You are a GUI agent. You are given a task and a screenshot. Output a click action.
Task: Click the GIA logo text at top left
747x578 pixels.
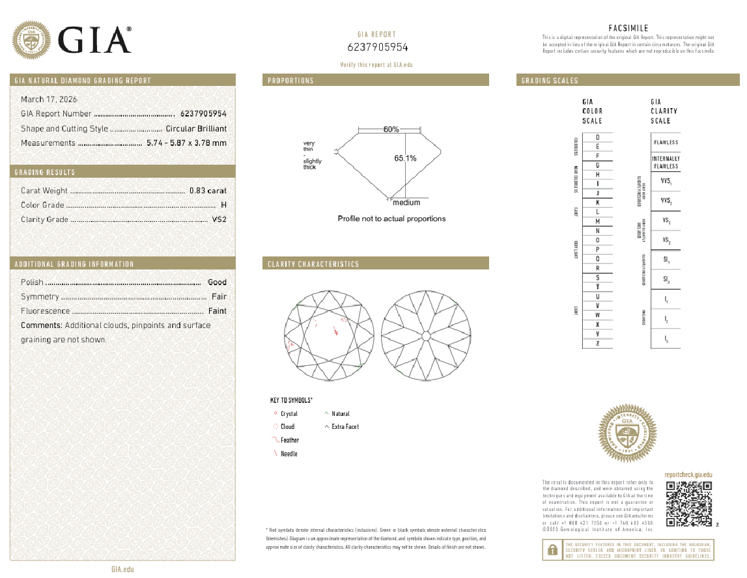[95, 40]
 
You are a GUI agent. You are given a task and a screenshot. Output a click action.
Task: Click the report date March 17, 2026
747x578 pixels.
[49, 100]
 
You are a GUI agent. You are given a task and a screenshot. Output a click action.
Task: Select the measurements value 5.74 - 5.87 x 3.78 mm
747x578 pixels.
[186, 143]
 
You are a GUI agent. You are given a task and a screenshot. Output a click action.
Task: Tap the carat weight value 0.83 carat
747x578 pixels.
[208, 191]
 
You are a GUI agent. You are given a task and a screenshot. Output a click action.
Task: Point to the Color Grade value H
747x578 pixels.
[223, 205]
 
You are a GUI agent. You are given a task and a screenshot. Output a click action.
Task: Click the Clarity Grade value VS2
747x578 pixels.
[219, 219]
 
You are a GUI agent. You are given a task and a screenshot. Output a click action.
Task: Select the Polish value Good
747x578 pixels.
[217, 282]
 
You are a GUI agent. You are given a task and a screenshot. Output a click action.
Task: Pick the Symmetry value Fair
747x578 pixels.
[219, 297]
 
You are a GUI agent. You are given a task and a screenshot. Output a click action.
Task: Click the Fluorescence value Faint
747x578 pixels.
[218, 311]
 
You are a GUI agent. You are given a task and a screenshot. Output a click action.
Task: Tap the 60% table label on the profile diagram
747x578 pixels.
[391, 130]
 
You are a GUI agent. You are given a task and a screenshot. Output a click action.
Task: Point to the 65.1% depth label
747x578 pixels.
[405, 158]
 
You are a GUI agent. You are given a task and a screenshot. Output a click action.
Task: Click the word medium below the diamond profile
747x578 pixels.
[406, 203]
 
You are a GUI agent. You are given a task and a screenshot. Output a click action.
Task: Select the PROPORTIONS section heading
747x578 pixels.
[290, 81]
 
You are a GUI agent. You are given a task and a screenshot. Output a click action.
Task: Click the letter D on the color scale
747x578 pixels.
[597, 138]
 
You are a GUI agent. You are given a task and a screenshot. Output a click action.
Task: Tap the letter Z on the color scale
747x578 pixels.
[597, 343]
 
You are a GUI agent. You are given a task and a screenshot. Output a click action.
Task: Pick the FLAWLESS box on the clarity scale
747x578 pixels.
[665, 143]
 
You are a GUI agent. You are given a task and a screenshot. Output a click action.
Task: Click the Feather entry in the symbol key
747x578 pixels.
[289, 441]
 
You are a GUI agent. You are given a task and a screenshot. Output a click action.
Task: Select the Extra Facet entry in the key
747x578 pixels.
[345, 427]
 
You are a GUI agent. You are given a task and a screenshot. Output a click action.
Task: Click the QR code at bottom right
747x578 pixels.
[688, 504]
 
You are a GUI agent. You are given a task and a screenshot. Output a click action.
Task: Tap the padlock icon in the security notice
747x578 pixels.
[552, 550]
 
